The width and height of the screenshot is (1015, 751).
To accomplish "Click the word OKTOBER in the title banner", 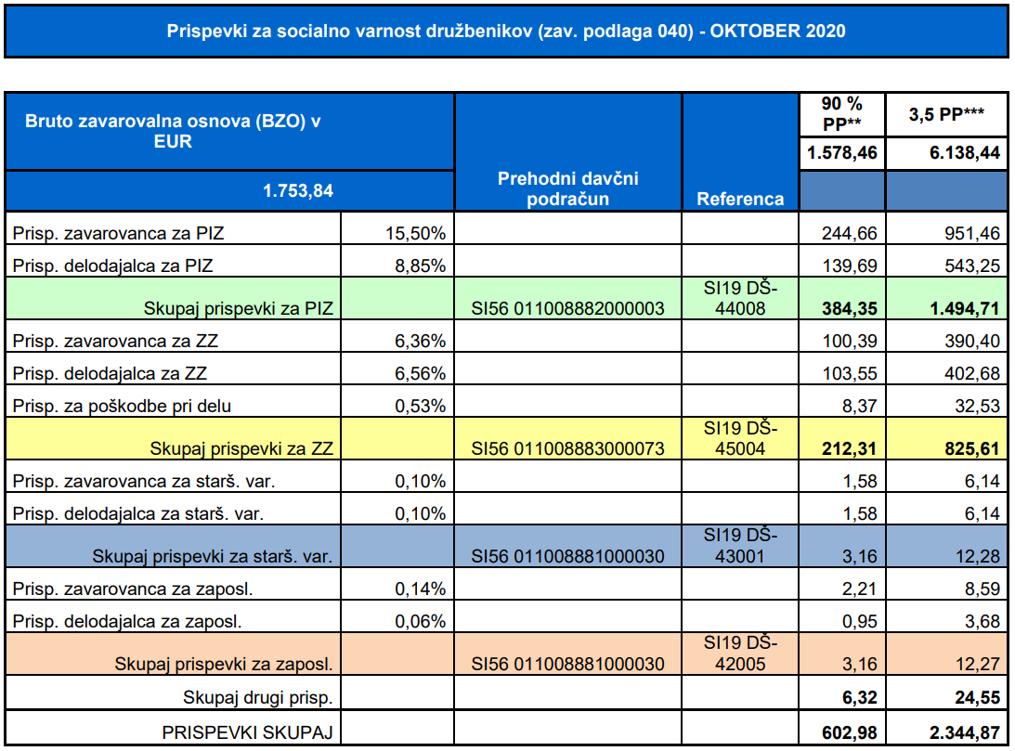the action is pos(746,31).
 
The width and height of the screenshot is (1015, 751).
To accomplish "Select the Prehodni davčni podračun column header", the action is pos(567,188).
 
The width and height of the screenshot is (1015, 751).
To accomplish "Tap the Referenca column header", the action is pos(740,199).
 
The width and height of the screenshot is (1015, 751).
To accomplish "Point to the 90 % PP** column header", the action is pos(841,113).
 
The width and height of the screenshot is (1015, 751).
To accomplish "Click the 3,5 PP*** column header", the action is pos(946,114).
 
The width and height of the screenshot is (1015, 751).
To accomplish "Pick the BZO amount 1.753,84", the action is pos(298,191).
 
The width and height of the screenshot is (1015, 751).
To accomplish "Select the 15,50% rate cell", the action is pos(416,234).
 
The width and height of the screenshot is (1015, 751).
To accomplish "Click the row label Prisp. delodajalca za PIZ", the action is pos(112,265).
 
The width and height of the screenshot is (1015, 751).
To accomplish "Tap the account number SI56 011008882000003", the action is pos(567,308).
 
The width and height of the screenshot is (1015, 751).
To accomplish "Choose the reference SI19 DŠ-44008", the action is pos(740,298).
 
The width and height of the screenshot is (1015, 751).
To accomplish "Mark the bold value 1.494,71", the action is pos(965,308).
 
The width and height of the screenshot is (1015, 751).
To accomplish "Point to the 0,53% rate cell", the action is pos(420,407).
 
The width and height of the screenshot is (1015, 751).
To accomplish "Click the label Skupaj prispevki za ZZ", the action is pos(241,449).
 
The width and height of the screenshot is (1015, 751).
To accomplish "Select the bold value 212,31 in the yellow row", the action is pos(850,449).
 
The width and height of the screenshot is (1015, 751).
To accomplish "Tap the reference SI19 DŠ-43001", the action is pos(740,545).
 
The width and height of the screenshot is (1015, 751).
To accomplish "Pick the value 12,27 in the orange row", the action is pos(978,665).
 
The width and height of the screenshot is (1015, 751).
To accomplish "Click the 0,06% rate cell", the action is pos(420,622).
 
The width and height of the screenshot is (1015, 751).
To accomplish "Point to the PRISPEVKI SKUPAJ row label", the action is pos(247,732).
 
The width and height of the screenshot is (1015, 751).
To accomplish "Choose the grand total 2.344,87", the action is pos(965,732).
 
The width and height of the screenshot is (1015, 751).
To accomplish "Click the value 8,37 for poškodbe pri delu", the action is pos(860,407).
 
